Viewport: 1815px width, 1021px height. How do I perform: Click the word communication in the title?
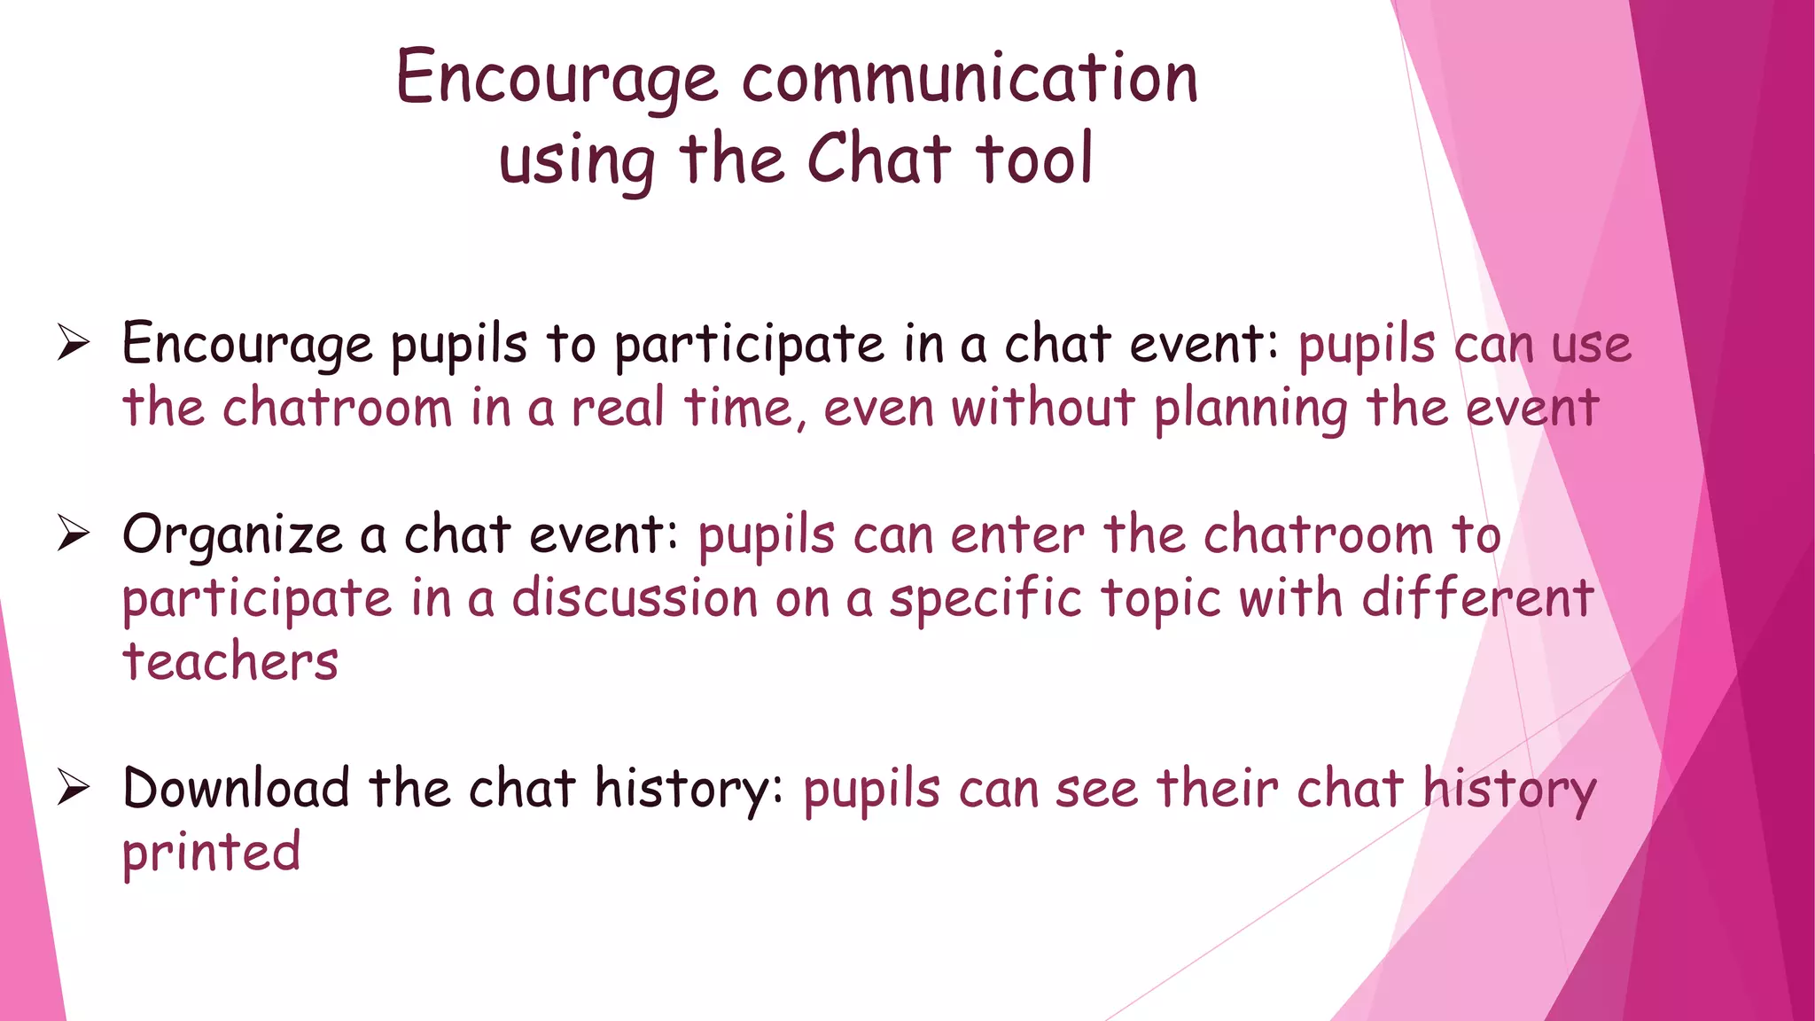pyautogui.click(x=970, y=78)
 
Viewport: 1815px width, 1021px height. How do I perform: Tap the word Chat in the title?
pyautogui.click(x=878, y=160)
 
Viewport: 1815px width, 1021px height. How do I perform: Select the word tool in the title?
pyautogui.click(x=1034, y=160)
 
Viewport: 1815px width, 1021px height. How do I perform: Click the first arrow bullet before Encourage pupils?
pyautogui.click(x=74, y=343)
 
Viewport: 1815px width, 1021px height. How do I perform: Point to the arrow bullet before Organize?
pyautogui.click(x=74, y=534)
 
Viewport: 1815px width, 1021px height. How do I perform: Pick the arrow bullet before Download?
pyautogui.click(x=74, y=788)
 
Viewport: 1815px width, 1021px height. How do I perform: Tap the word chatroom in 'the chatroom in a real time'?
pyautogui.click(x=338, y=409)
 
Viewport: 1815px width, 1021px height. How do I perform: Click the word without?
pyautogui.click(x=1043, y=409)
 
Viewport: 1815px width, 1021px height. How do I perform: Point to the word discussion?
pyautogui.click(x=635, y=598)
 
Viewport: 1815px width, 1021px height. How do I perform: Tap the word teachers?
pyautogui.click(x=230, y=662)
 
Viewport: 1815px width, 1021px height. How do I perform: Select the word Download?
pyautogui.click(x=236, y=788)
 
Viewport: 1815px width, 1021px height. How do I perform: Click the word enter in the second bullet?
pyautogui.click(x=1017, y=536)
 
